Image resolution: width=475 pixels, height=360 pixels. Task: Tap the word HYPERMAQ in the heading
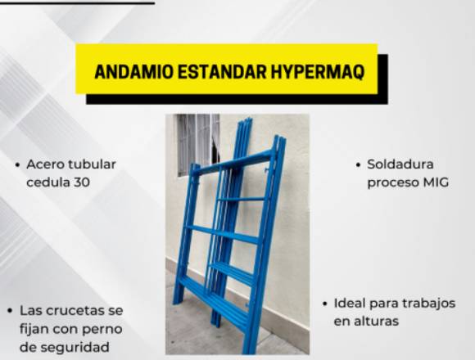(318, 72)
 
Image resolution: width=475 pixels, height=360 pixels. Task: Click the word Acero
(45, 164)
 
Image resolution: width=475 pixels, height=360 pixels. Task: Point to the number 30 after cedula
(82, 182)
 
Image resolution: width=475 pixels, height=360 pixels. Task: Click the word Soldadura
(400, 164)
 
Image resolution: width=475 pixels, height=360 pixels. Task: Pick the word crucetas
(72, 310)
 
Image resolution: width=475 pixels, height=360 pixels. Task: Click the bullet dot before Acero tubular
(18, 165)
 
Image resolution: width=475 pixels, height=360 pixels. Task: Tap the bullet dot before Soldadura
(359, 165)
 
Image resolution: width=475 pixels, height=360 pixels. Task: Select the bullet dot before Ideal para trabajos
(325, 304)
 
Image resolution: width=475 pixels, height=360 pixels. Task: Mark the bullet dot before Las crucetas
(11, 311)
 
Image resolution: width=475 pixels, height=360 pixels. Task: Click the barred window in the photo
(197, 142)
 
